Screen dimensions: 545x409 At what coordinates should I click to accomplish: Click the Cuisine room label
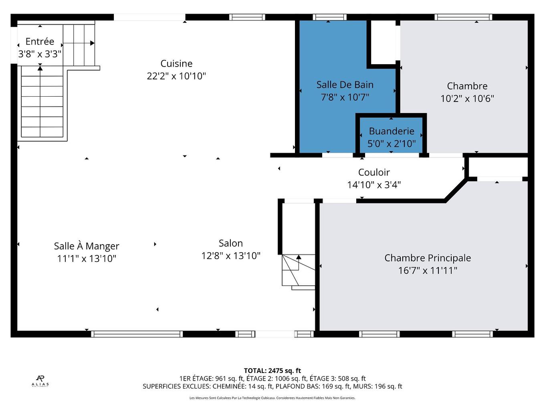[176, 64]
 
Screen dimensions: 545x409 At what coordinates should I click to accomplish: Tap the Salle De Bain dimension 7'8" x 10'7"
[345, 97]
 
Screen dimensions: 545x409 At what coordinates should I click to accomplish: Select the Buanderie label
[392, 131]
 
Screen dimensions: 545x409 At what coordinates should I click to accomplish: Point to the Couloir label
[374, 172]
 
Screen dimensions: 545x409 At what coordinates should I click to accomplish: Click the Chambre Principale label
[428, 258]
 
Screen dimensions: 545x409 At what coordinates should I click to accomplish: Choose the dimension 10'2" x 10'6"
[467, 99]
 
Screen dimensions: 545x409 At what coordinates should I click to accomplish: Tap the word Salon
[231, 243]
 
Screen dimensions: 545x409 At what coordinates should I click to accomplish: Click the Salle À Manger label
[87, 246]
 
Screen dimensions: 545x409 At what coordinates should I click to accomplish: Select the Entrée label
[40, 41]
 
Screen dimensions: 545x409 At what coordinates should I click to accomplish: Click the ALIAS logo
[40, 381]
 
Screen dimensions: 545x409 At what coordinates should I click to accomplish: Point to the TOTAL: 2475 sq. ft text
[272, 371]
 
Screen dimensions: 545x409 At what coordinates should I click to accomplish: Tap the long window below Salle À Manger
[137, 334]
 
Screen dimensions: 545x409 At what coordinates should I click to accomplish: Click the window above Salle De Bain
[329, 17]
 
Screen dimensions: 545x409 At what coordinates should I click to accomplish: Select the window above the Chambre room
[463, 17]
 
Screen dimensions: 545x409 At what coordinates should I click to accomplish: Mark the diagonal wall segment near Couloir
[455, 190]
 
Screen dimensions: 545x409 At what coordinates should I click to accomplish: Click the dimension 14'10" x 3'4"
[374, 185]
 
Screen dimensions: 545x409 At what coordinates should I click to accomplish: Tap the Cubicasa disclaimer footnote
[272, 398]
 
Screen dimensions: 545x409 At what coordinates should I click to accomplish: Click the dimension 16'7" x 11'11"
[428, 270]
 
